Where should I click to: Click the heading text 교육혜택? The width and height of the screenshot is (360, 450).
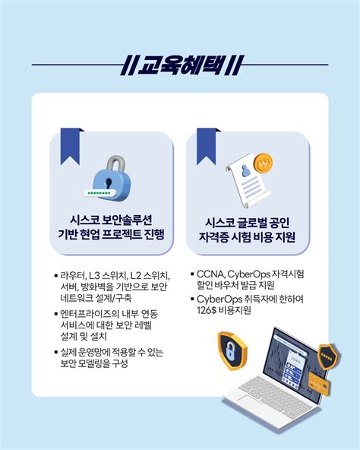tap(179, 65)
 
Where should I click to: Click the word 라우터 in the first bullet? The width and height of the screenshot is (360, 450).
tap(74, 274)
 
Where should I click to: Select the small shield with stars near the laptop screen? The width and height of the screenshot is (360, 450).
tap(328, 357)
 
